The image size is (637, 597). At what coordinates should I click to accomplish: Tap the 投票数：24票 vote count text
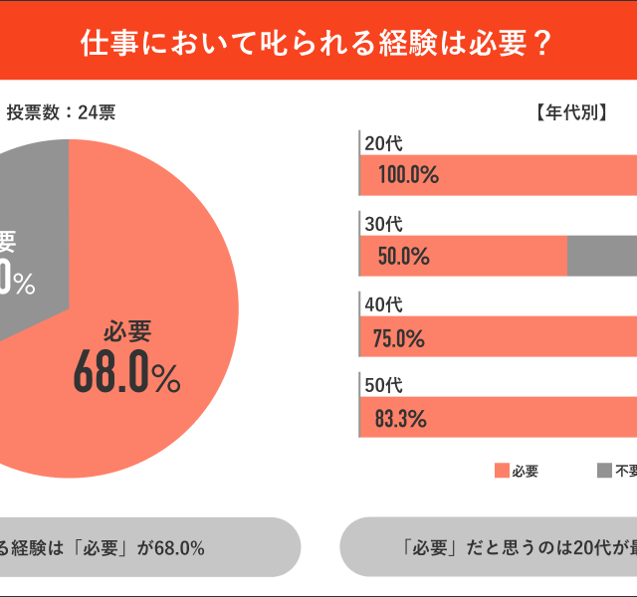pyautogui.click(x=61, y=112)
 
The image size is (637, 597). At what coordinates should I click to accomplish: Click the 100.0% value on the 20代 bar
pyautogui.click(x=408, y=175)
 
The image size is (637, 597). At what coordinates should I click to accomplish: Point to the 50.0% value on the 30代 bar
pyautogui.click(x=403, y=256)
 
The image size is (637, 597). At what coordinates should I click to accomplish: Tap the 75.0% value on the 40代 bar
pyautogui.click(x=400, y=337)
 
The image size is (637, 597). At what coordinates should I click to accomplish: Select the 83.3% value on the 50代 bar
pyautogui.click(x=401, y=418)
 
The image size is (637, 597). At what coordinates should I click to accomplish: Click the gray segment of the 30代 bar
pyautogui.click(x=601, y=256)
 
